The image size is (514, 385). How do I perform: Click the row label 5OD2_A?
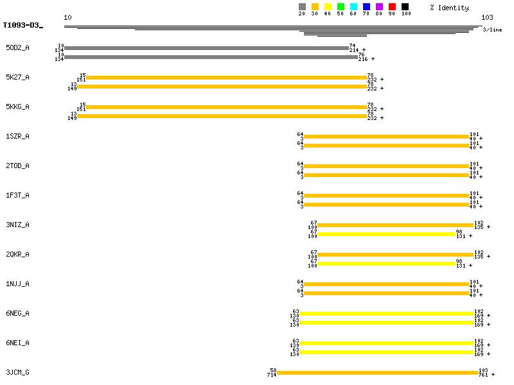(17, 48)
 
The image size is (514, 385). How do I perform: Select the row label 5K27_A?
(17, 78)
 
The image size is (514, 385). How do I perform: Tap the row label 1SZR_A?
(17, 137)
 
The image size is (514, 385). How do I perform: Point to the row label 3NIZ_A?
(17, 225)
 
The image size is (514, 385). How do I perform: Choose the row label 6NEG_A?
(17, 314)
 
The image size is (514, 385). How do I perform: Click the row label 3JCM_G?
(17, 373)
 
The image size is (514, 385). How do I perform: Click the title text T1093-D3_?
(22, 26)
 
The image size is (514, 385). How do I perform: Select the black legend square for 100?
(405, 7)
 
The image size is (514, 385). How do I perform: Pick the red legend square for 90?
(392, 7)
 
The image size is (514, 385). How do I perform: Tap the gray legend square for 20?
(302, 7)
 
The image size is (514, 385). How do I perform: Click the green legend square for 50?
(341, 7)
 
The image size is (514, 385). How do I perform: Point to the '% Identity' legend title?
(450, 8)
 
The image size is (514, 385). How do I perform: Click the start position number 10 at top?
(67, 17)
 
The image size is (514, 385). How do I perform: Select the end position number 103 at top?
(488, 17)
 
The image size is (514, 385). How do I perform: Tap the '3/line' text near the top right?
(492, 30)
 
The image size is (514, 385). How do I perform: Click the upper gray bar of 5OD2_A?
(206, 48)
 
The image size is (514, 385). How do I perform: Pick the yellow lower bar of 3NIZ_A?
(386, 234)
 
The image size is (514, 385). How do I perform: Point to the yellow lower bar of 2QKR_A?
(386, 264)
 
